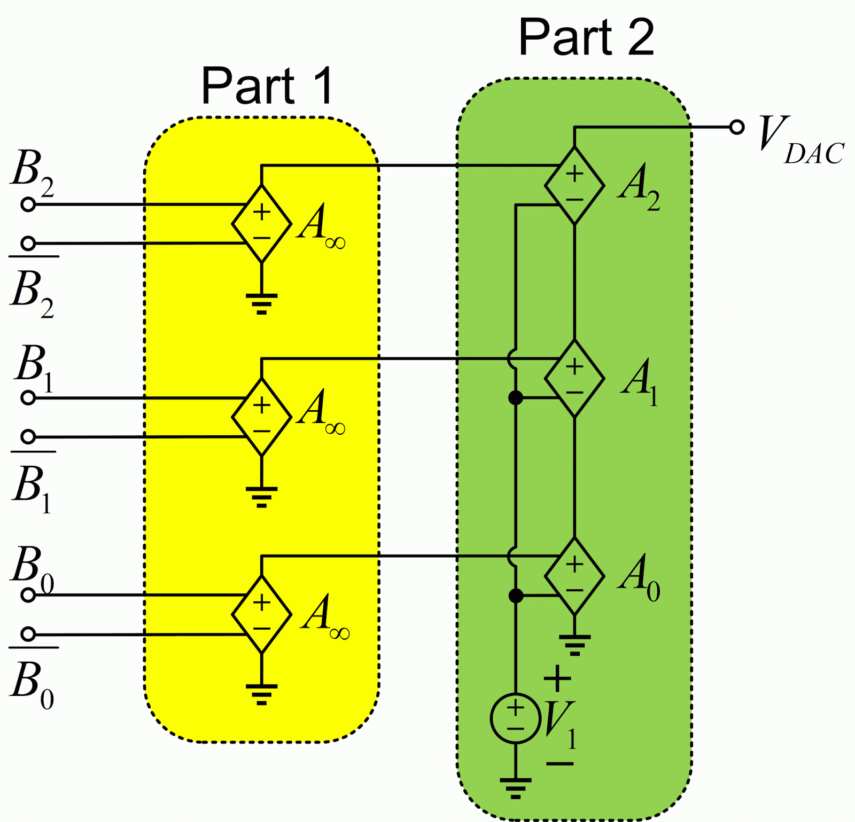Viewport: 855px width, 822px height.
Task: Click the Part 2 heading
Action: [586, 37]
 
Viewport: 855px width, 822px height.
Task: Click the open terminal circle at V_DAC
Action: [737, 127]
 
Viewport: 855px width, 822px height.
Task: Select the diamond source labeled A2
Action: [574, 186]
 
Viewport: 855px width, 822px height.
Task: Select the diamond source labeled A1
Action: [574, 378]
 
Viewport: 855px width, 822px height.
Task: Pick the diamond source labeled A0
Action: [574, 576]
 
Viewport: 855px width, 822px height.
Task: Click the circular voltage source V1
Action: [515, 718]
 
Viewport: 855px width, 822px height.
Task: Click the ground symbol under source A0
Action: [574, 644]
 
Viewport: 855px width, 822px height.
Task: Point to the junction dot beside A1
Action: [515, 397]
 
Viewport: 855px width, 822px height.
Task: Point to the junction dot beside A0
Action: [515, 596]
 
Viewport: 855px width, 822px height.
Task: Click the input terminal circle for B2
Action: [28, 204]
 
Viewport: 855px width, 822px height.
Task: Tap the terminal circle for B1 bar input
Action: [28, 437]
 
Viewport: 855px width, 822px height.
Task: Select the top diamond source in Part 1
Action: [261, 224]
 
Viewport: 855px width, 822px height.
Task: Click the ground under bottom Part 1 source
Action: [261, 693]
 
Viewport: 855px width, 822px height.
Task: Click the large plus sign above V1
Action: [557, 678]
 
